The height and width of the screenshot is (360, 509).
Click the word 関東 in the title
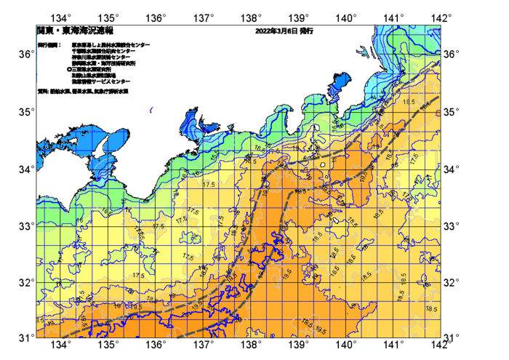pyautogui.click(x=46, y=32)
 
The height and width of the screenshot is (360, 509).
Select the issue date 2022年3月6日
pyautogui.click(x=275, y=32)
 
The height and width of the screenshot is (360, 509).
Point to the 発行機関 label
pyautogui.click(x=48, y=45)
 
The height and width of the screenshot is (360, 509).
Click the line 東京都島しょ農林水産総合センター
pyautogui.click(x=111, y=45)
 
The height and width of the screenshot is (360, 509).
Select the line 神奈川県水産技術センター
pyautogui.click(x=102, y=57)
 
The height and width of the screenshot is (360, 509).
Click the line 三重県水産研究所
pyautogui.click(x=93, y=69)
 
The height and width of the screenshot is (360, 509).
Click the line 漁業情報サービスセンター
pyautogui.click(x=101, y=81)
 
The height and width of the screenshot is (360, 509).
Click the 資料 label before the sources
pyautogui.click(x=41, y=92)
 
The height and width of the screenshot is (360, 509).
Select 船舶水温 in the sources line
pyautogui.click(x=59, y=92)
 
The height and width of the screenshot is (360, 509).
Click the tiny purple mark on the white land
pyautogui.click(x=151, y=110)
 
